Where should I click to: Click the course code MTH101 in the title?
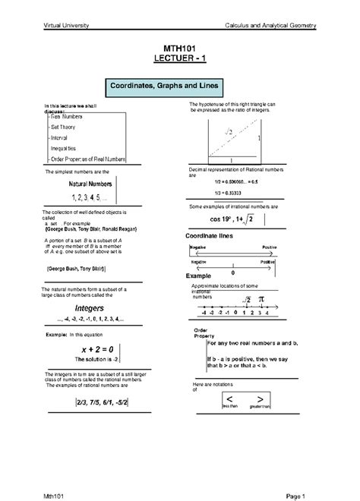(180, 48)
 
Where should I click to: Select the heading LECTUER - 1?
(180, 58)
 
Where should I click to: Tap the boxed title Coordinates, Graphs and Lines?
(180, 87)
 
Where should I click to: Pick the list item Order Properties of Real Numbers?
(87, 159)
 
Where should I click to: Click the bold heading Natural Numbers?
(90, 185)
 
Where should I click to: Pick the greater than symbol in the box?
(260, 399)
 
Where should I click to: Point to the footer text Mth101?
(54, 491)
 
